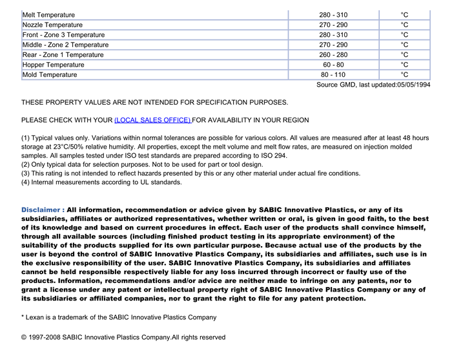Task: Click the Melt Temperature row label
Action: click(x=48, y=15)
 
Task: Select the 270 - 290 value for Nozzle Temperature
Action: click(x=333, y=25)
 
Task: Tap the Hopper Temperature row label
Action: click(x=53, y=65)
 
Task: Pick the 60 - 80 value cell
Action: click(x=333, y=65)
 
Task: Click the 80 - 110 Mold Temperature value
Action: click(x=333, y=75)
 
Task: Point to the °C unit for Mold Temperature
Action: click(x=404, y=75)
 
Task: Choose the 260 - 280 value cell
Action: click(x=333, y=55)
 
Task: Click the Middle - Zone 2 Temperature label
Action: click(x=65, y=45)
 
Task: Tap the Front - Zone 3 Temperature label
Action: click(x=63, y=35)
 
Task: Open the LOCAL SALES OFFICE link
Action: click(x=152, y=120)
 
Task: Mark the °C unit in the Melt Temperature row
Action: click(x=404, y=15)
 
